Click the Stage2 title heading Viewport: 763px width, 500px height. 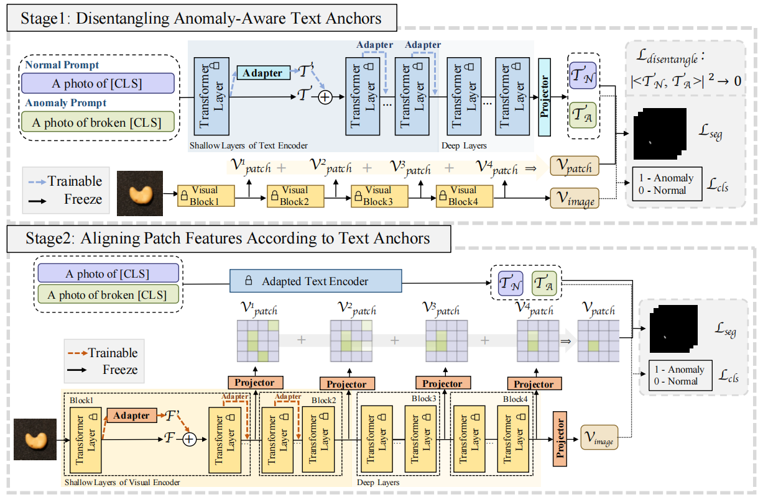tap(228, 239)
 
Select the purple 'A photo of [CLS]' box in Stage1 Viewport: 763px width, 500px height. tap(97, 84)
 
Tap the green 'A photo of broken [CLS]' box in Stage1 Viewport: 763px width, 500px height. tap(97, 122)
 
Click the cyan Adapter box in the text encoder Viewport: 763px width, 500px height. tap(262, 73)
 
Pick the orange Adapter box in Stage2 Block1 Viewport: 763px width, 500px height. tap(132, 416)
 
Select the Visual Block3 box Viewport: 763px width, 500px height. tap(379, 195)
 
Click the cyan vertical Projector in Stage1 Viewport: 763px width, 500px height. tap(545, 97)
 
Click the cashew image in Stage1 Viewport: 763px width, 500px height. tap(140, 193)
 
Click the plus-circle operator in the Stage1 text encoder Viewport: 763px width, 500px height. tap(325, 97)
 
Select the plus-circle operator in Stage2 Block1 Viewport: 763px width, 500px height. tap(189, 439)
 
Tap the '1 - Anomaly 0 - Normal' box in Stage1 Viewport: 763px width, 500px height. tap(667, 184)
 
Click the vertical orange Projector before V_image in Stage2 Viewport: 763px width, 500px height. tap(561, 439)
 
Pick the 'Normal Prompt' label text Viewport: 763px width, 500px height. tap(63, 65)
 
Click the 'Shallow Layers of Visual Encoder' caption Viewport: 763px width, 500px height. tap(122, 482)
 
